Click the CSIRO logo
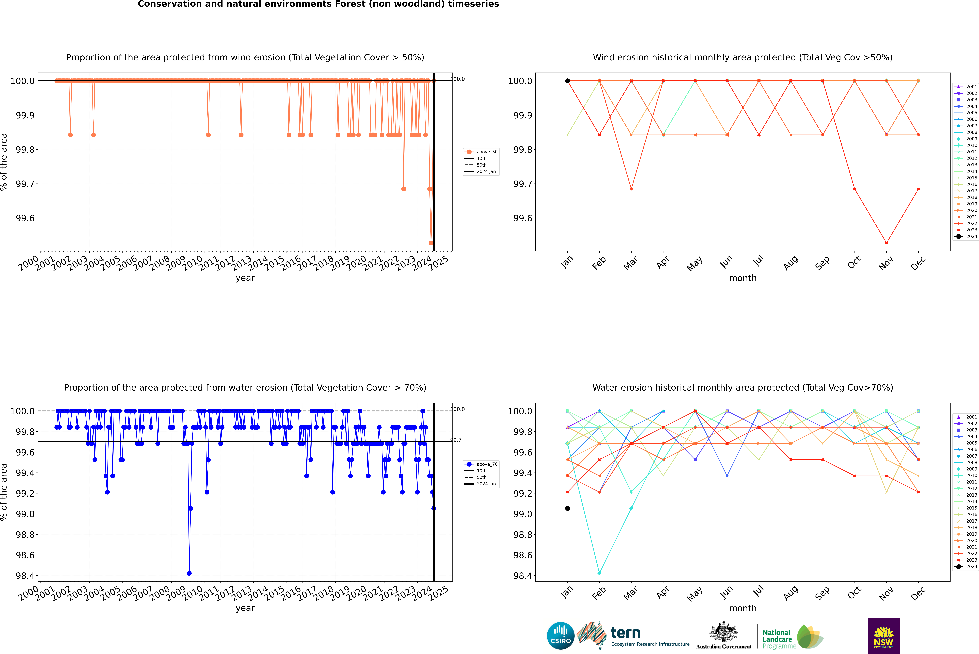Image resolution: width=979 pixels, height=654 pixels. (x=560, y=636)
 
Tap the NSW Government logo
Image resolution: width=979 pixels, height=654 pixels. (x=883, y=636)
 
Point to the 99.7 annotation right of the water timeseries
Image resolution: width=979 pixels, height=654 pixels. (x=456, y=440)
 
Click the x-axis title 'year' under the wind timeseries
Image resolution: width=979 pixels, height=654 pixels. (x=245, y=278)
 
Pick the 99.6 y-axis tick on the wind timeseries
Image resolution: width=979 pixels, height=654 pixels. (x=25, y=218)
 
